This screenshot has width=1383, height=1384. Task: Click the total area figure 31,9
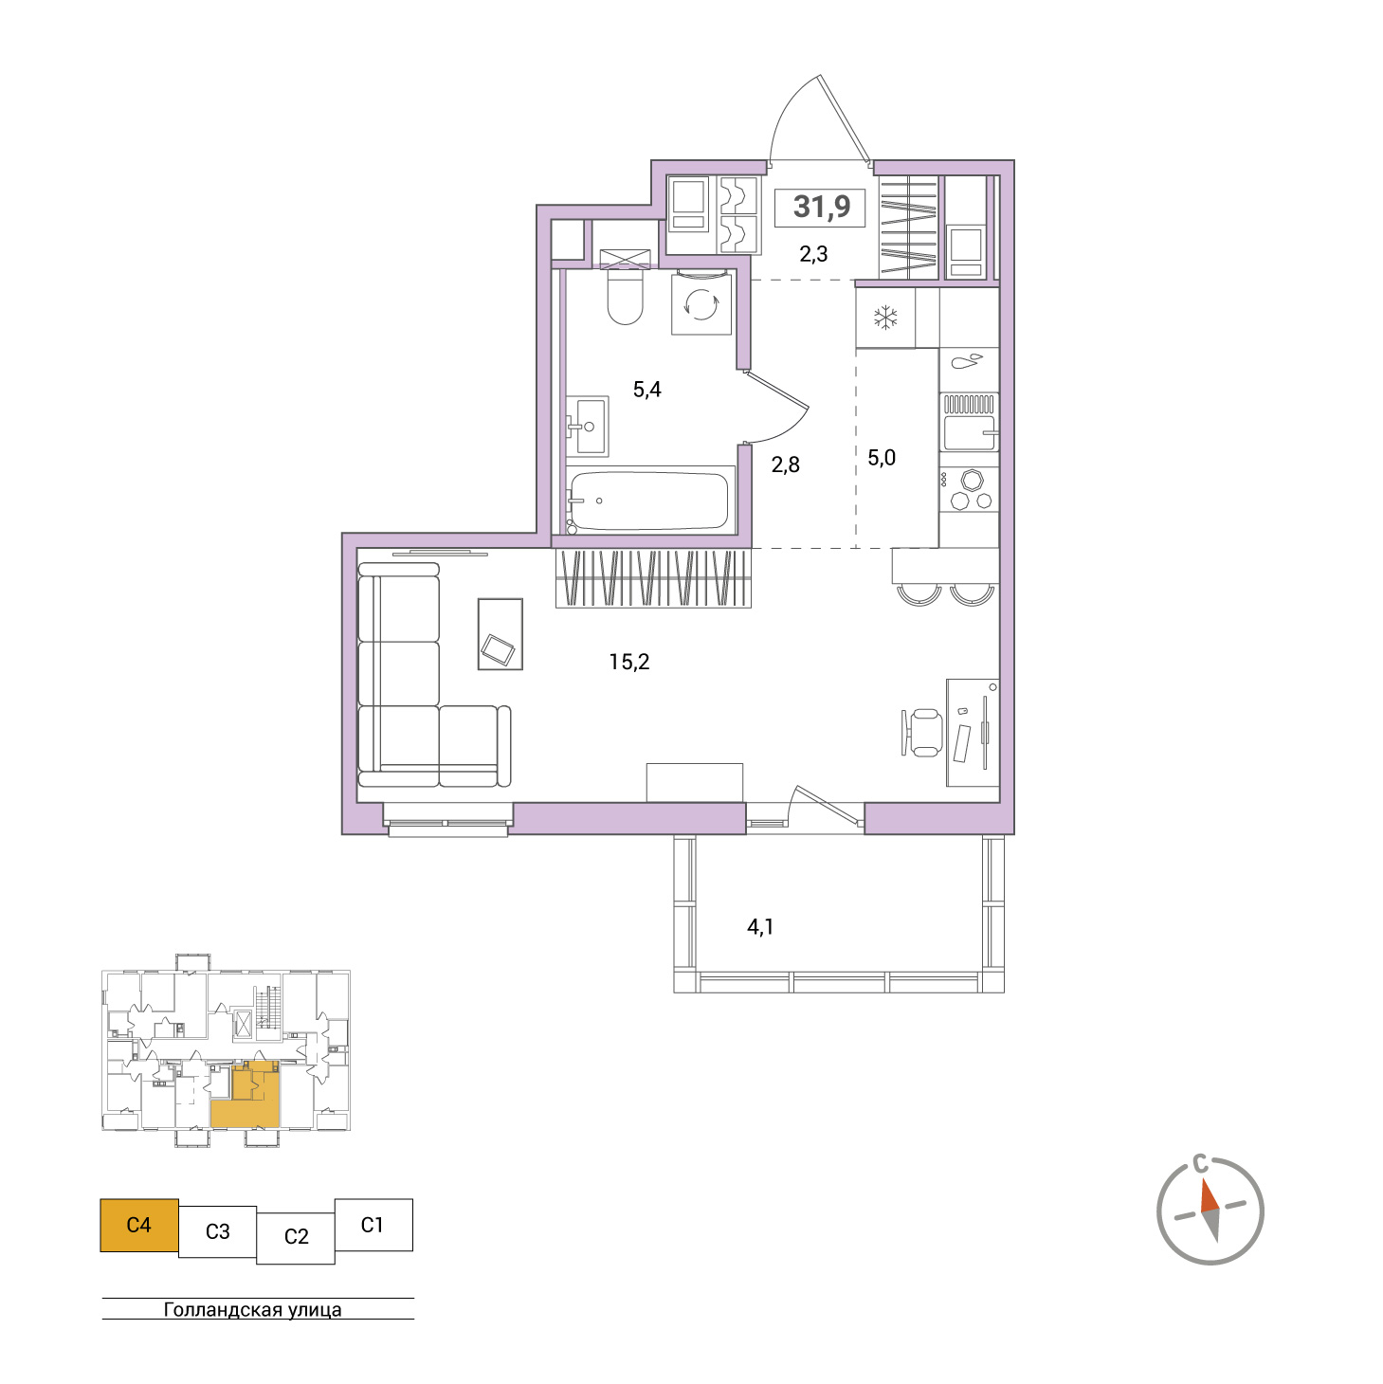821,207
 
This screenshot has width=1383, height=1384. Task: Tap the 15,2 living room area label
629,662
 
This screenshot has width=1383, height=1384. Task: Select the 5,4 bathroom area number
646,390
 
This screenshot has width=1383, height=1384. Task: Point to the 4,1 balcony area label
760,927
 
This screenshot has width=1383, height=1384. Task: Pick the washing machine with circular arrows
701,304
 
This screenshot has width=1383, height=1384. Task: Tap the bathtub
649,500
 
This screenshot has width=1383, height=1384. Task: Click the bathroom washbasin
587,426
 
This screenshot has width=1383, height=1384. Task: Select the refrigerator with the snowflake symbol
886,318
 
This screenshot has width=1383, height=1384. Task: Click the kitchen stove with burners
969,489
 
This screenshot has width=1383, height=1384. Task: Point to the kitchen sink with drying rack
969,423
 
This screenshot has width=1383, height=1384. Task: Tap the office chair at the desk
922,732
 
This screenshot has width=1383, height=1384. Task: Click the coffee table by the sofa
500,634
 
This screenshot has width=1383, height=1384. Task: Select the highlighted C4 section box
138,1225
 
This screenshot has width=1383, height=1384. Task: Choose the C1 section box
373,1225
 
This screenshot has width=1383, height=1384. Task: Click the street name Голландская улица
252,1309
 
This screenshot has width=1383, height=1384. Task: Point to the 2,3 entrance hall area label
813,253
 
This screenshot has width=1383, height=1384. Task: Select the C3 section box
218,1231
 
